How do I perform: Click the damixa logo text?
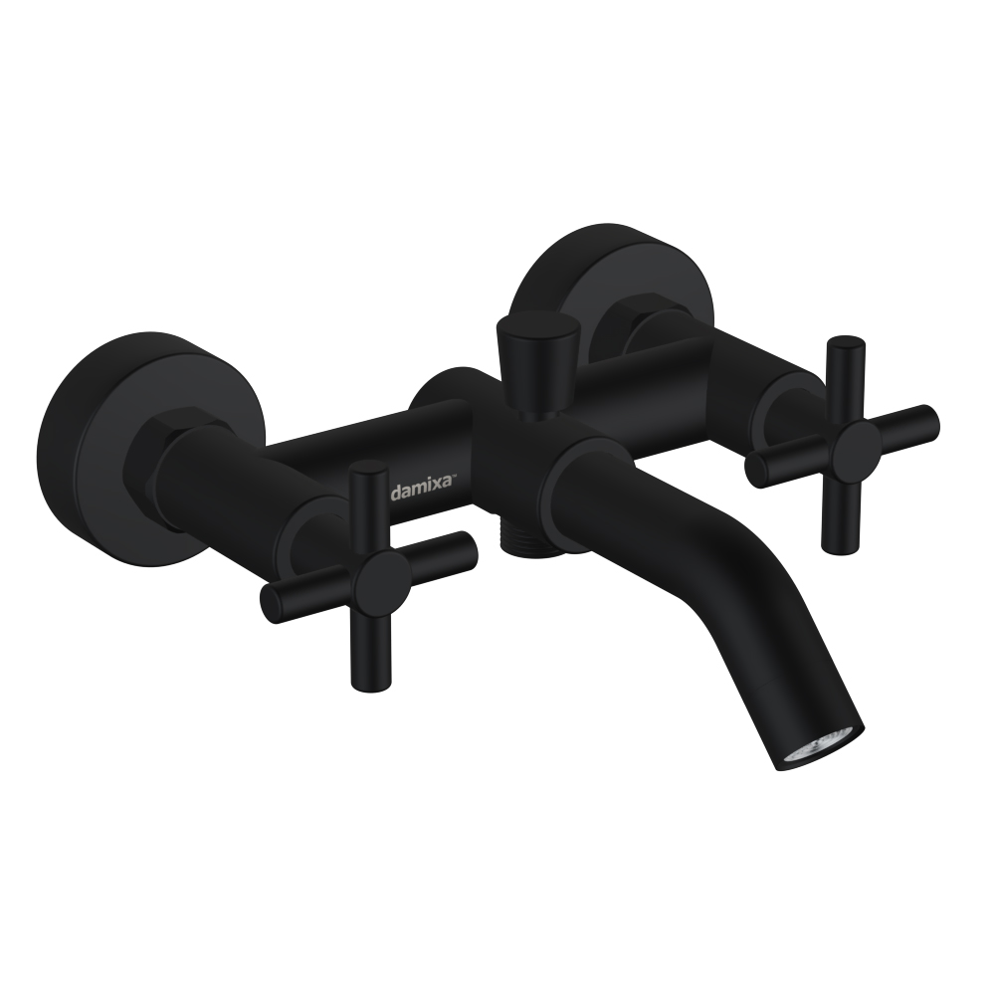[421, 492]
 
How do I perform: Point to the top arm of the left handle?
[368, 507]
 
